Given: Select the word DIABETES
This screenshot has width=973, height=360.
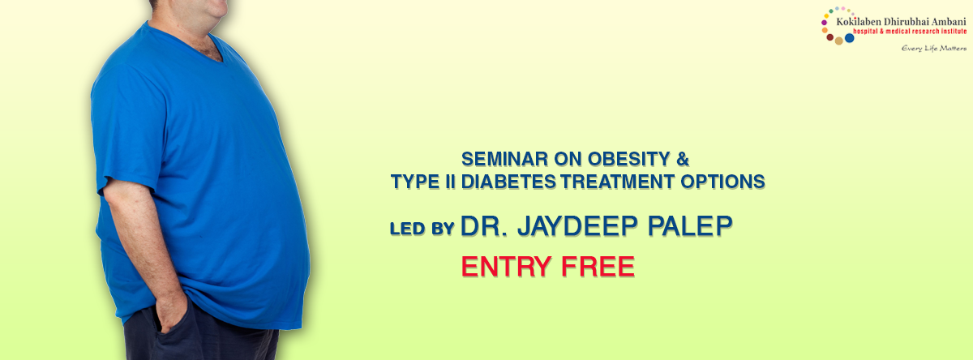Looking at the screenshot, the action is (x=508, y=182).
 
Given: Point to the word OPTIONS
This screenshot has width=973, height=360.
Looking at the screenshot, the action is (x=722, y=182).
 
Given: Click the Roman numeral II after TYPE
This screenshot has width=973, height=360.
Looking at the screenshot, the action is (x=450, y=182).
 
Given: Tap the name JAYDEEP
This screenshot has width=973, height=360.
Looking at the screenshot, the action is (x=577, y=226).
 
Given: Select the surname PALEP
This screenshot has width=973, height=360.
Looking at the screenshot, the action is (x=690, y=226).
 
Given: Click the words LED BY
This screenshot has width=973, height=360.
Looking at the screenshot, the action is (x=422, y=229).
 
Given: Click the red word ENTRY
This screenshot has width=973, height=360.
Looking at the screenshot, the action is (x=507, y=267).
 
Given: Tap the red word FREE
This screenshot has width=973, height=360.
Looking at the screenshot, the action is (x=598, y=267).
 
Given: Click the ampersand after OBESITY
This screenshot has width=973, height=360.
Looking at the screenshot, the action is (x=683, y=159).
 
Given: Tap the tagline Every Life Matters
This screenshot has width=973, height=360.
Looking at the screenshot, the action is (x=934, y=48).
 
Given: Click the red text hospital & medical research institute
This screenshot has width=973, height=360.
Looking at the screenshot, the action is (x=910, y=32).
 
